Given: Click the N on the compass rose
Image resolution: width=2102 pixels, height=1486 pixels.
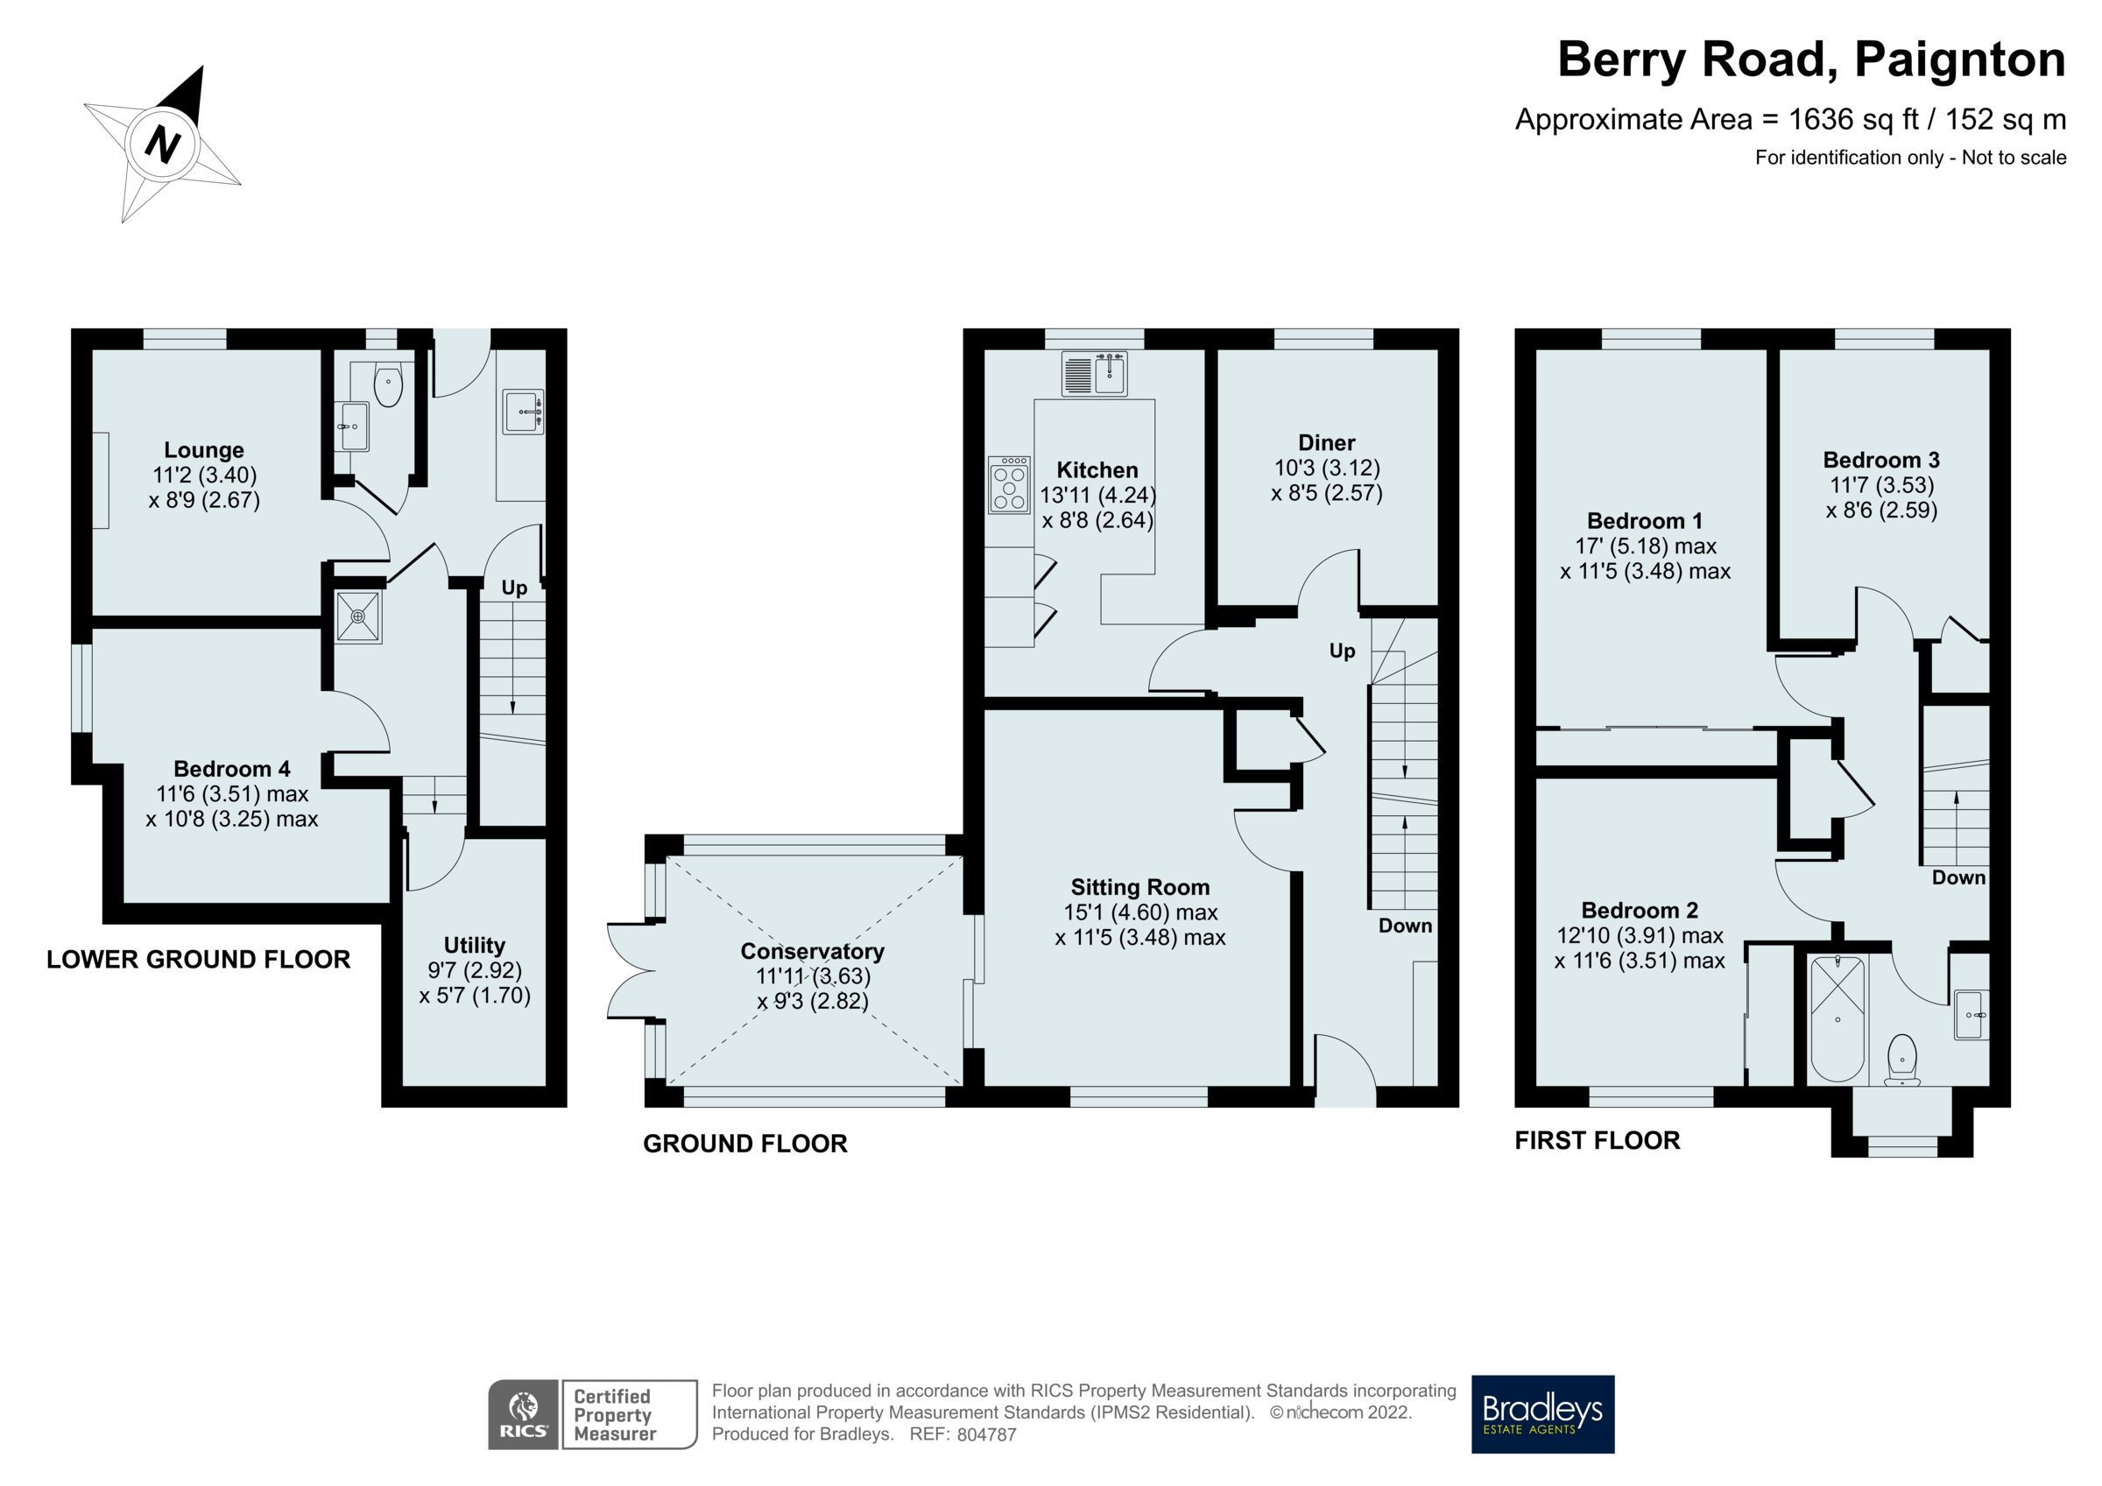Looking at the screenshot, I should pyautogui.click(x=163, y=144).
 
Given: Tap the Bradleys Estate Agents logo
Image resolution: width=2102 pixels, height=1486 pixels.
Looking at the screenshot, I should pyautogui.click(x=1541, y=1413).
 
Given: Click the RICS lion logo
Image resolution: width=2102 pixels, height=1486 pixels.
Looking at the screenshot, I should pyautogui.click(x=523, y=1413).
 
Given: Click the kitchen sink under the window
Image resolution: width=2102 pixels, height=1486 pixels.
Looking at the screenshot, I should pyautogui.click(x=1095, y=374).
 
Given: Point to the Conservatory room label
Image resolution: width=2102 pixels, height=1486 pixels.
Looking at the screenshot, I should pyautogui.click(x=812, y=951).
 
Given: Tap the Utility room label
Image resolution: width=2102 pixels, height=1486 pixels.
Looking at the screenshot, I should pyautogui.click(x=474, y=945).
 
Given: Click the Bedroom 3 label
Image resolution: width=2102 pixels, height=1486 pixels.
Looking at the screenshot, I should pyautogui.click(x=1880, y=460).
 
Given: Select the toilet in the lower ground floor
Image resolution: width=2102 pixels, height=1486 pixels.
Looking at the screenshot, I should pyautogui.click(x=388, y=385).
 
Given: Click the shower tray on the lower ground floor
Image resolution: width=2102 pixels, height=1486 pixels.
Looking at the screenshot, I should pyautogui.click(x=358, y=617).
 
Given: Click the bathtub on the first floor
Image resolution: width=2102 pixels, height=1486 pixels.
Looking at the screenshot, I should pyautogui.click(x=1837, y=1019).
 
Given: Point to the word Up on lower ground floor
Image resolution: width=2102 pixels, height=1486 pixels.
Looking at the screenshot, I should pyautogui.click(x=513, y=588).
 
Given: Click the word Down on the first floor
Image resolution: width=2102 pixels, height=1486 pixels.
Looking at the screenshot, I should pyautogui.click(x=1958, y=877).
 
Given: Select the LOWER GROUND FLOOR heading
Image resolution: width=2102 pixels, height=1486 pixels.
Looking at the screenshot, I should pyautogui.click(x=199, y=960).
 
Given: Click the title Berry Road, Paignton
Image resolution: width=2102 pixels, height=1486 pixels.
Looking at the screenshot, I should pyautogui.click(x=1811, y=60).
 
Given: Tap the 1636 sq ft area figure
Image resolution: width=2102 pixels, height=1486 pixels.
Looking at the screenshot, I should pyautogui.click(x=1852, y=120).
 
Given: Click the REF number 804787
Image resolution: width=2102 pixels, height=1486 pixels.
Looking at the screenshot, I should pyautogui.click(x=986, y=1434).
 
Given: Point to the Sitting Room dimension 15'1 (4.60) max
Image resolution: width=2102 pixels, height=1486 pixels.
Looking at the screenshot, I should pyautogui.click(x=1139, y=912).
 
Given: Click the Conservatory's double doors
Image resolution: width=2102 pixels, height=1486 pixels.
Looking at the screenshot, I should pyautogui.click(x=631, y=970).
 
